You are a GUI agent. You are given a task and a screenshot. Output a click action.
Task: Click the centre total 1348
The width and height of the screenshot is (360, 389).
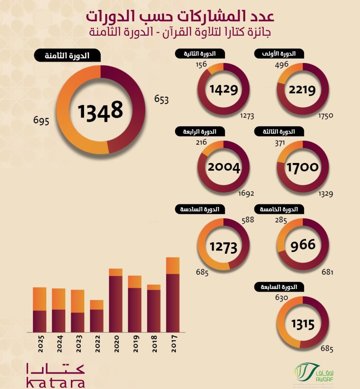coord(100,110)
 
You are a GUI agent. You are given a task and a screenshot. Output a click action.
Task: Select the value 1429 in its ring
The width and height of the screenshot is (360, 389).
coord(223,89)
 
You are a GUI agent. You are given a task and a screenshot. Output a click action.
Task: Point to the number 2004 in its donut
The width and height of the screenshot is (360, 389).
coord(223,167)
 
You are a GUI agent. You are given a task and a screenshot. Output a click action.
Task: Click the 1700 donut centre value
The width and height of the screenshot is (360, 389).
coord(302,168)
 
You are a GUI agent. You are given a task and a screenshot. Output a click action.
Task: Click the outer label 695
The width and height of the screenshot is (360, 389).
coord(41,121)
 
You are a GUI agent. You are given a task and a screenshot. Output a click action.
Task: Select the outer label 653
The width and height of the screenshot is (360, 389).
coord(161,99)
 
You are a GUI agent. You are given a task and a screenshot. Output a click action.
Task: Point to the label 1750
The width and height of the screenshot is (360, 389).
coord(326,116)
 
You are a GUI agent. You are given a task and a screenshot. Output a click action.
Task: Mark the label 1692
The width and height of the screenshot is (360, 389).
coord(246,193)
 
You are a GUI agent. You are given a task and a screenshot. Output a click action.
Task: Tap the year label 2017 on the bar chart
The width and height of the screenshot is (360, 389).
coord(173,343)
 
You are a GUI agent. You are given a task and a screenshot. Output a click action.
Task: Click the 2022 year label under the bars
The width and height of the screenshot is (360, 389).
coord(97,343)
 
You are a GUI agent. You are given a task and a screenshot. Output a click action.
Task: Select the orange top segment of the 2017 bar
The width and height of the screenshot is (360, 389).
coord(173,266)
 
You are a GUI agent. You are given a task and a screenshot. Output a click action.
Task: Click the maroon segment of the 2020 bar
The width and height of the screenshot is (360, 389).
coord(116,304)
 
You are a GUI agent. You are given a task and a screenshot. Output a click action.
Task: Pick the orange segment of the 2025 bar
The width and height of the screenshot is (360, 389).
coord(40,299)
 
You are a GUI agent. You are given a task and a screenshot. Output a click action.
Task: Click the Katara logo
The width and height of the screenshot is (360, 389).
coord(55,375)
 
